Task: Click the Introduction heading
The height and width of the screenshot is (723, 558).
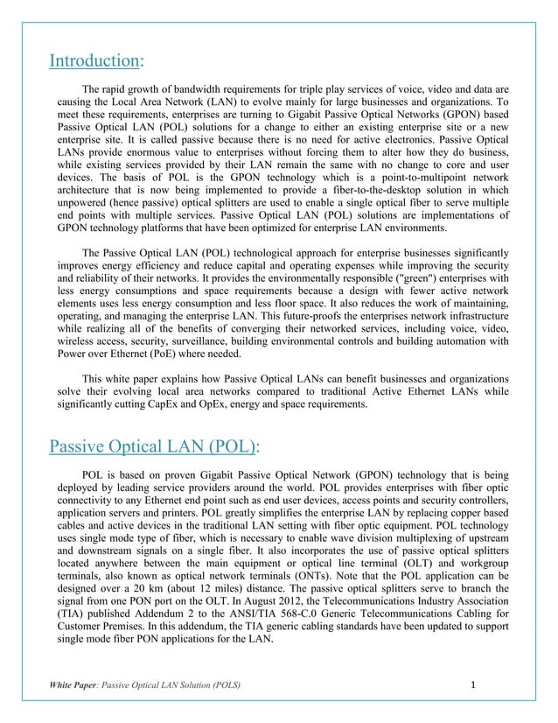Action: pyautogui.click(x=94, y=60)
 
